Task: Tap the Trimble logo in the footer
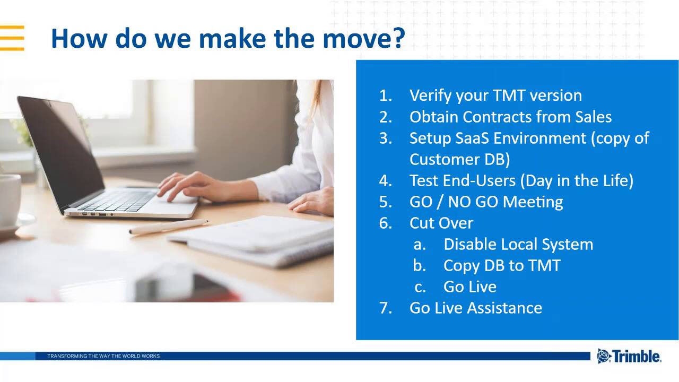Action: (629, 356)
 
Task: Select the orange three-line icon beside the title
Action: (12, 38)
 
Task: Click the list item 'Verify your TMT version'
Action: (495, 95)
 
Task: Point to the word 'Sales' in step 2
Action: (593, 117)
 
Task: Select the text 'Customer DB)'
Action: (459, 159)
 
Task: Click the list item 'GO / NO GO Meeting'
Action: (486, 202)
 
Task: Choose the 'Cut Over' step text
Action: (441, 223)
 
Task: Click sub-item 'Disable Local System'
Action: (518, 244)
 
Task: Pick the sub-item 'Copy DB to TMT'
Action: (501, 265)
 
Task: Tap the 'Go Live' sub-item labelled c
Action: (469, 286)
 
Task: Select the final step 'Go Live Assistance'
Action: (475, 308)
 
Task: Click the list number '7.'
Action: (385, 308)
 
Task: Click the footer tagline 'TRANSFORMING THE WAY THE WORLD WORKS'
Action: (103, 356)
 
